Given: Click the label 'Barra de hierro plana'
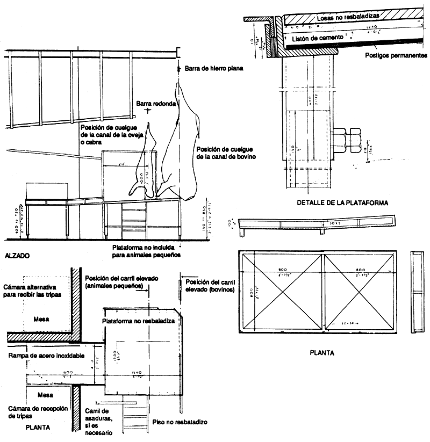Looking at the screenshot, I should pyautogui.click(x=214, y=68).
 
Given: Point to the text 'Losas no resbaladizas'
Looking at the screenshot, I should pyautogui.click(x=349, y=18).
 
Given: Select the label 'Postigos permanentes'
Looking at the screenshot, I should pyautogui.click(x=396, y=55).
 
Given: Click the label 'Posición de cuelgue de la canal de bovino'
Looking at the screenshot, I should pyautogui.click(x=224, y=153).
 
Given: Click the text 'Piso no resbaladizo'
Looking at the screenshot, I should pyautogui.click(x=180, y=422).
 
